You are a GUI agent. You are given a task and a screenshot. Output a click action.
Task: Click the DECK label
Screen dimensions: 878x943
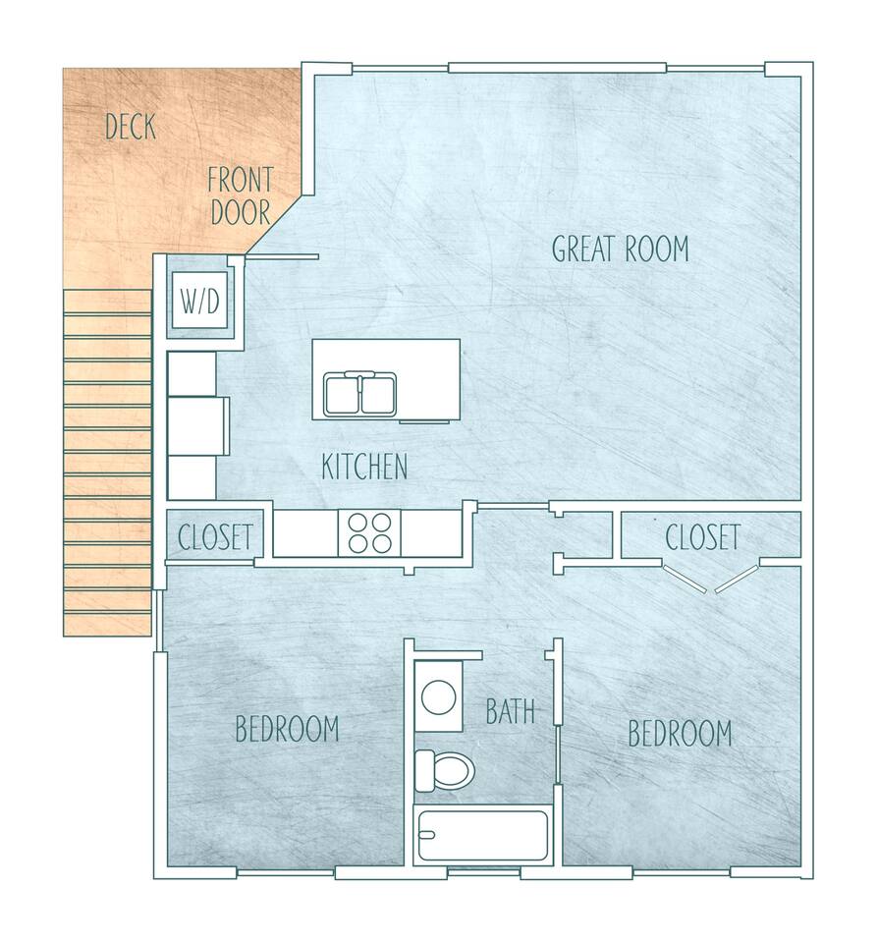click(131, 127)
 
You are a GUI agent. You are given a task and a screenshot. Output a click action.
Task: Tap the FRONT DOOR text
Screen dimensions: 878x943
click(241, 196)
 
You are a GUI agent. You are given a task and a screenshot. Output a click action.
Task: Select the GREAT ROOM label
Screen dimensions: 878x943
click(620, 249)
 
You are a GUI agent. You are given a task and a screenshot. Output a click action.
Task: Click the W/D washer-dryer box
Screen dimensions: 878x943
click(200, 301)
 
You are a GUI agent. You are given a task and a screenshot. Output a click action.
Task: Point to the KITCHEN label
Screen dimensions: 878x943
click(364, 467)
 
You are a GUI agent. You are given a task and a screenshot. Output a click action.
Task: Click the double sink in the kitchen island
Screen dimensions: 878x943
click(360, 395)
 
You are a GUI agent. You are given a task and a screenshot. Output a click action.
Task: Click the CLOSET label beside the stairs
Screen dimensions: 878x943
click(215, 537)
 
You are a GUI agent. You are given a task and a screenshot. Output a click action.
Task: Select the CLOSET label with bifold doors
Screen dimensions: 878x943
click(702, 537)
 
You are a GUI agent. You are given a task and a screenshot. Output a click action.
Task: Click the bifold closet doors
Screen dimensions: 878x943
click(710, 579)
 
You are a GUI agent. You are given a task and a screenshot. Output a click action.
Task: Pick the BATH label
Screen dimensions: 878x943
click(511, 711)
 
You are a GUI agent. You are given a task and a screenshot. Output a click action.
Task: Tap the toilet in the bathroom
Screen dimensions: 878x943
click(445, 770)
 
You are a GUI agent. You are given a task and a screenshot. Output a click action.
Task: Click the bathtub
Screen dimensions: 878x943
click(483, 836)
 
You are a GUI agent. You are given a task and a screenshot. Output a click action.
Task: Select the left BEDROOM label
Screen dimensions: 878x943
click(287, 728)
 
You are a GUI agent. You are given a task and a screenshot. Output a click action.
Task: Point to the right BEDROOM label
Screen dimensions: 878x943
click(681, 733)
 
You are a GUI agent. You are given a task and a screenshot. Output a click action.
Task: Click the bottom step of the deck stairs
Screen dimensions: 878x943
click(107, 625)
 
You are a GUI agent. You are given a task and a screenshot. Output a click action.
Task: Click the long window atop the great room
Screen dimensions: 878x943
click(558, 68)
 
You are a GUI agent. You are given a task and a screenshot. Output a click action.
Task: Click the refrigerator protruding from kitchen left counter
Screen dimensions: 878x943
click(198, 425)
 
